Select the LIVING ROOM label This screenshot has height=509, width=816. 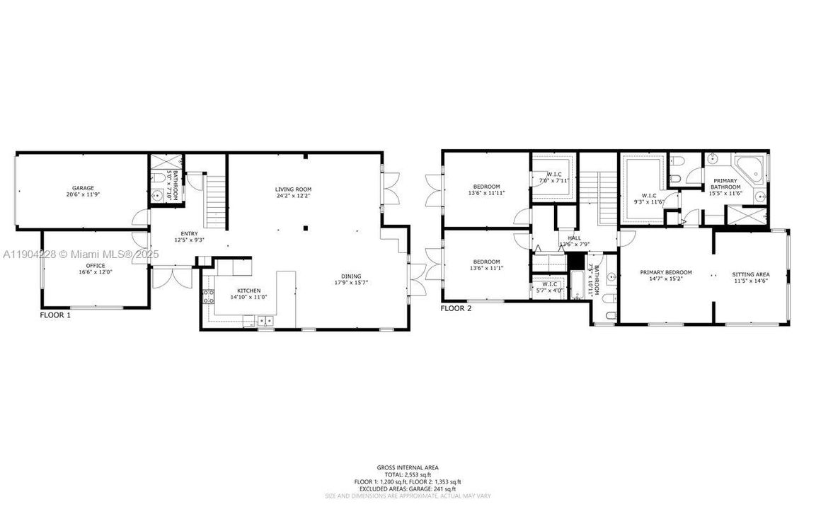pos(293,189)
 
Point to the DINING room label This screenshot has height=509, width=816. pos(350,276)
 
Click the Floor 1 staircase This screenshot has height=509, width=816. pos(214,200)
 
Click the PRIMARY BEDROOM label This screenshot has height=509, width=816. pos(665,273)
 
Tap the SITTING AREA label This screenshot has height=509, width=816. pos(750,274)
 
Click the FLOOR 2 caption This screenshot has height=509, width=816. pos(456,308)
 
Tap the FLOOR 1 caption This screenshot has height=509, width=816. pos(55,315)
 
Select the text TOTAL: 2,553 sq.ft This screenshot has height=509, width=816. pos(408,474)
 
